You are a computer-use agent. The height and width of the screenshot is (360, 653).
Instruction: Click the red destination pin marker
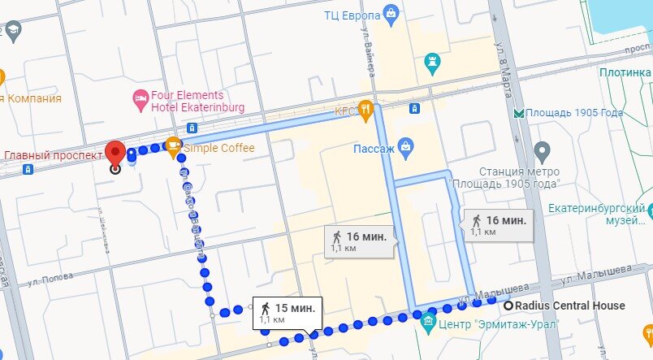[115, 152]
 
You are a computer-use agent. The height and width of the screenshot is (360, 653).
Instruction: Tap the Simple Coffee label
[219, 148]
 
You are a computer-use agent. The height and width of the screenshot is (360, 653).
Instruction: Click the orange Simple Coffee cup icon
[173, 147]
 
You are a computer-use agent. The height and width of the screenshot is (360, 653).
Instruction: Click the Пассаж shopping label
[374, 149]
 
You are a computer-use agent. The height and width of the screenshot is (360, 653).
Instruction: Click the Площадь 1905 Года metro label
[574, 113]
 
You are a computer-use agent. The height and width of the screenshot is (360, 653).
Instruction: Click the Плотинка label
[625, 73]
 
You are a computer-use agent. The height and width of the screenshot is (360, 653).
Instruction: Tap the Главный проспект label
[51, 153]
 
